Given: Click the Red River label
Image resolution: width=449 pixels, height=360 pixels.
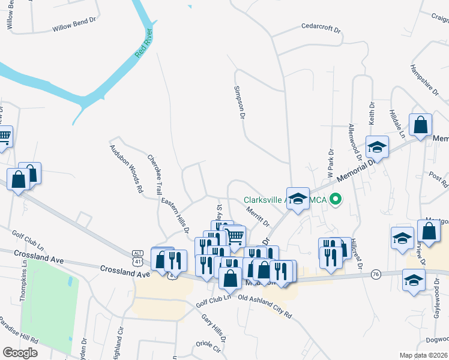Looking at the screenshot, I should point(145,44).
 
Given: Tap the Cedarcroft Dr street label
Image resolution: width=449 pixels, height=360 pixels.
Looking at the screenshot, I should point(321,28).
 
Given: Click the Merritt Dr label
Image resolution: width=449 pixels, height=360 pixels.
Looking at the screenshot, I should point(258,216).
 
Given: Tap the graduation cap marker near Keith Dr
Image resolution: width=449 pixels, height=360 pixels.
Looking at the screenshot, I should point(377,146).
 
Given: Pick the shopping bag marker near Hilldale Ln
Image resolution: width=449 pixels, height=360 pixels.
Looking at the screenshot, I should point(421,125).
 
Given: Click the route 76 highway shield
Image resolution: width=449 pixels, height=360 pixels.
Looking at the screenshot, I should point(377,274).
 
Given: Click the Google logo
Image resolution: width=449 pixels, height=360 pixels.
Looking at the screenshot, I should point(19,352).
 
